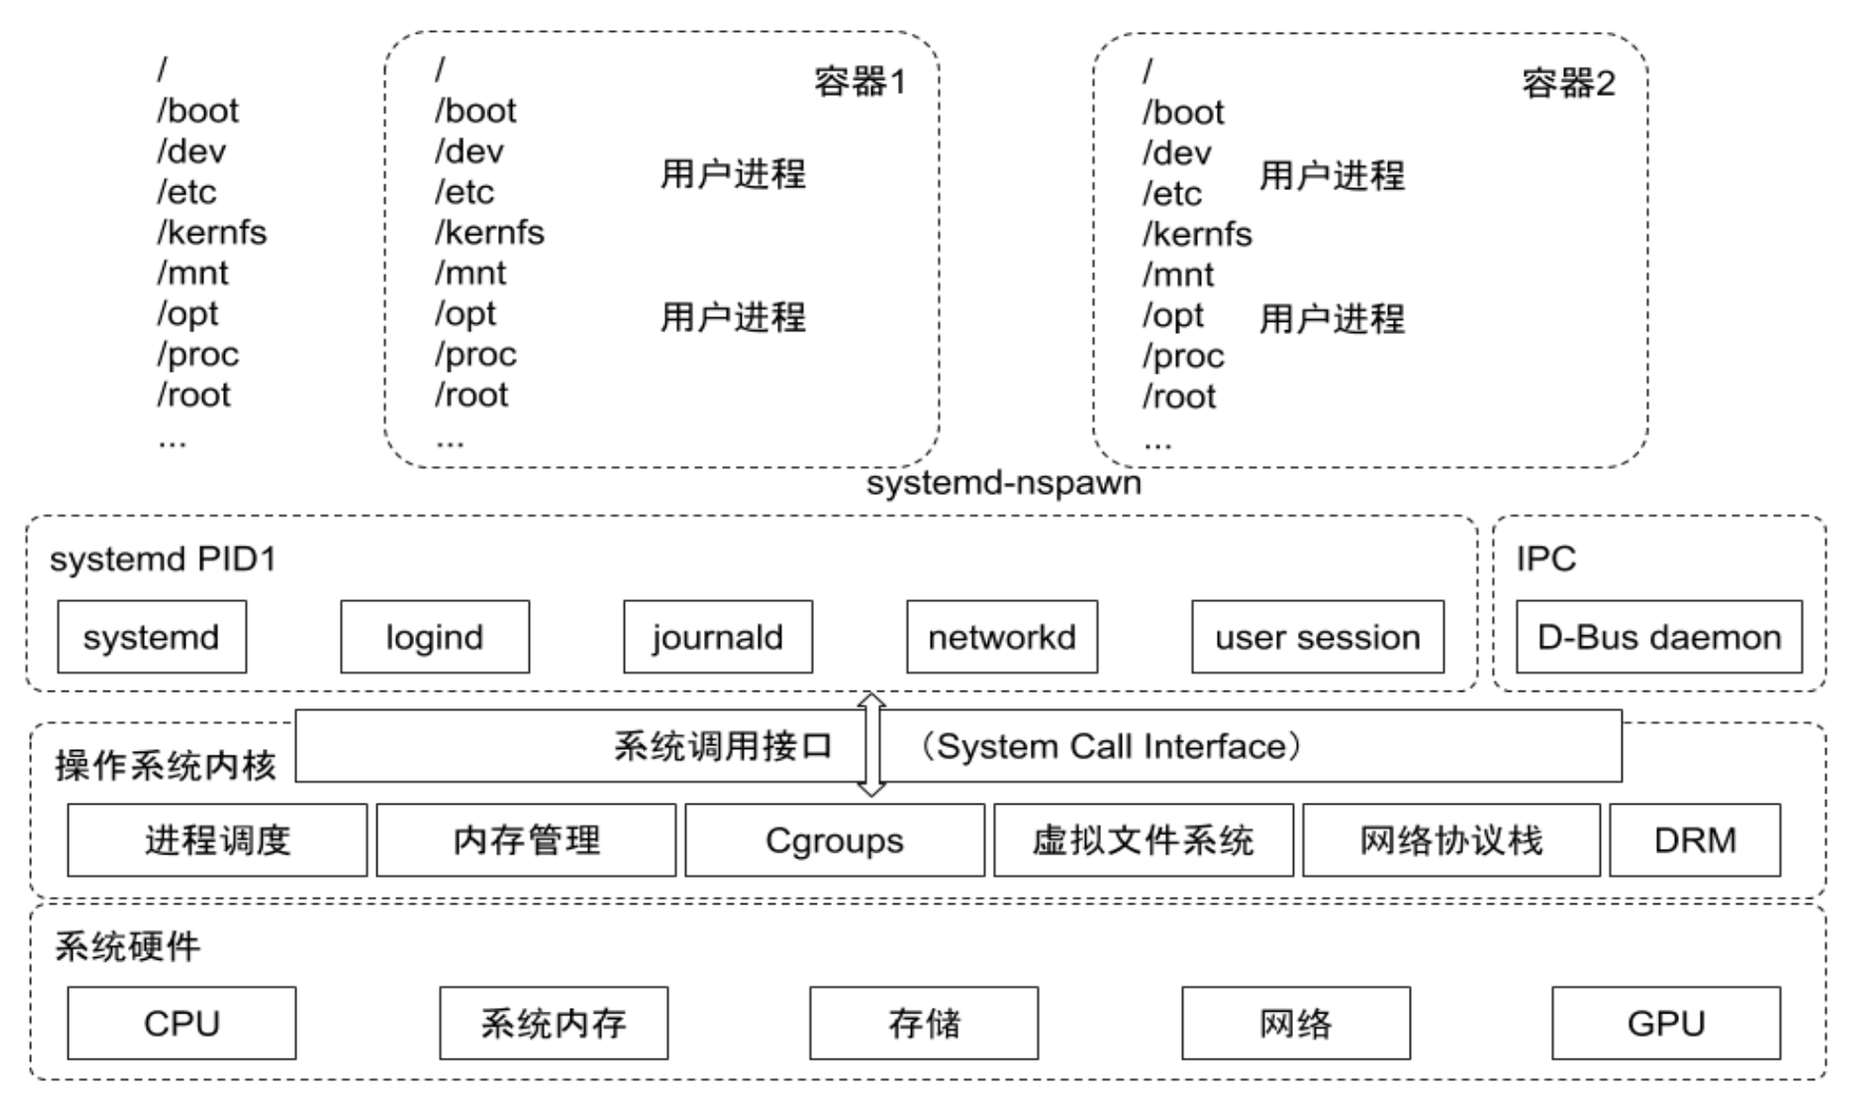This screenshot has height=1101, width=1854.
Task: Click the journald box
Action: point(718,637)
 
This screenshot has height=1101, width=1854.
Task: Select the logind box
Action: point(435,637)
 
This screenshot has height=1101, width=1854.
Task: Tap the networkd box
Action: point(1002,637)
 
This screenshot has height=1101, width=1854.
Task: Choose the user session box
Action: point(1318,637)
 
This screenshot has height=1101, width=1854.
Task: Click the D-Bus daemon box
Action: point(1659,637)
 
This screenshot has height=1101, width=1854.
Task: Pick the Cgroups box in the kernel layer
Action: point(835,840)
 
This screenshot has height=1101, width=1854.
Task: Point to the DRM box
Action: point(1695,840)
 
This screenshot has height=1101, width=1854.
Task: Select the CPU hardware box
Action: point(182,1023)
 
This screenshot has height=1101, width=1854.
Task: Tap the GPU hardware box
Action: point(1666,1023)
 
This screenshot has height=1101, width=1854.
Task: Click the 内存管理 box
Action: point(526,840)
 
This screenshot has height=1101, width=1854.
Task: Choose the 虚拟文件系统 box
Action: point(1143,840)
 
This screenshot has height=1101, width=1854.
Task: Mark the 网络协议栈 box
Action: point(1451,840)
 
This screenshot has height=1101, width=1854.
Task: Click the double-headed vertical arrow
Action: point(871,745)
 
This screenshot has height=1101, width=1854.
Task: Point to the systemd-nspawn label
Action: point(1004,483)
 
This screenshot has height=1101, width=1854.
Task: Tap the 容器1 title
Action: point(860,83)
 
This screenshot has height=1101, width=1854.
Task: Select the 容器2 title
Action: point(1569,84)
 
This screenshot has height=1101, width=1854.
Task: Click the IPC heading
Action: point(1545,559)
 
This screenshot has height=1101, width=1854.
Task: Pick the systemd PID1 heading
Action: point(163,559)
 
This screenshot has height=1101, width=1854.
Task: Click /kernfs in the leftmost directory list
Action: point(212,232)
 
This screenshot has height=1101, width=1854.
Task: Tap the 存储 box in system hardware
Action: point(924,1023)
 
